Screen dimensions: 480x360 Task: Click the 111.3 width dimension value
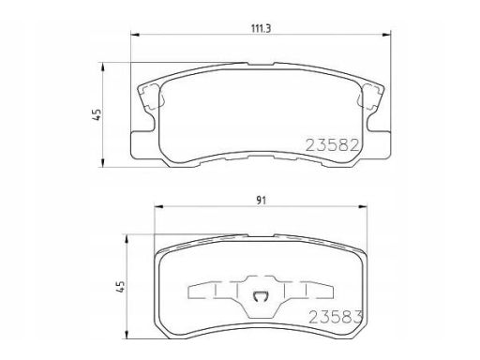(x=261, y=28)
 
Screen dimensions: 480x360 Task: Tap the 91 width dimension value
(x=262, y=201)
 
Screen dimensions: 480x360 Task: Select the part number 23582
(x=332, y=145)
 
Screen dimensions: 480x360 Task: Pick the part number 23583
(x=336, y=318)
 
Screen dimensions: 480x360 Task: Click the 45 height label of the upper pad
(x=97, y=114)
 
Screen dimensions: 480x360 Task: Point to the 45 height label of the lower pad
(x=121, y=286)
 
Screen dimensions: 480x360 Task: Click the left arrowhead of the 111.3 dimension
(x=134, y=35)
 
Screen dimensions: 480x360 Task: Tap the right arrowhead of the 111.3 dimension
(x=386, y=35)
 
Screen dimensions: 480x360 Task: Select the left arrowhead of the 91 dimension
(x=159, y=206)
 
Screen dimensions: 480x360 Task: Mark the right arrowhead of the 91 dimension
(x=363, y=206)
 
